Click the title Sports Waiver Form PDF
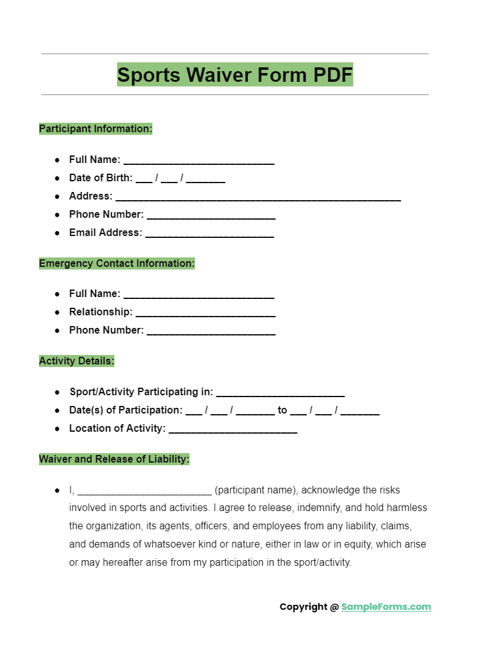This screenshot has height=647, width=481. point(235,75)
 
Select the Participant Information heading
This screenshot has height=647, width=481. point(96,129)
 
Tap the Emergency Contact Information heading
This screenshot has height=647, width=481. point(117,264)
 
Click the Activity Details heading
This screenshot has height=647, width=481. point(77,361)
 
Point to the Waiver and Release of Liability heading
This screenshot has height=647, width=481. point(114,459)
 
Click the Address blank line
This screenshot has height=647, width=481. point(258,198)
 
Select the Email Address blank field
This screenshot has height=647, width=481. point(209,234)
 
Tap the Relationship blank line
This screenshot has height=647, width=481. point(205,313)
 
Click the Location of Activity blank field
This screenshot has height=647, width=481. point(233,430)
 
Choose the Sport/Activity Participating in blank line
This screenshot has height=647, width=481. point(280,393)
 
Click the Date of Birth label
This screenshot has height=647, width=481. point(101,178)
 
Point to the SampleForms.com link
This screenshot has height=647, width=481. point(386,607)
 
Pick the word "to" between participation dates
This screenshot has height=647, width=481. point(282,410)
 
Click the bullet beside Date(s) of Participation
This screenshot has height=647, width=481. point(57,410)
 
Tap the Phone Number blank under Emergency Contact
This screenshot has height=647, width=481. point(211,332)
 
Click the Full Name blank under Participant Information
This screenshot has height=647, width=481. point(199,161)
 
